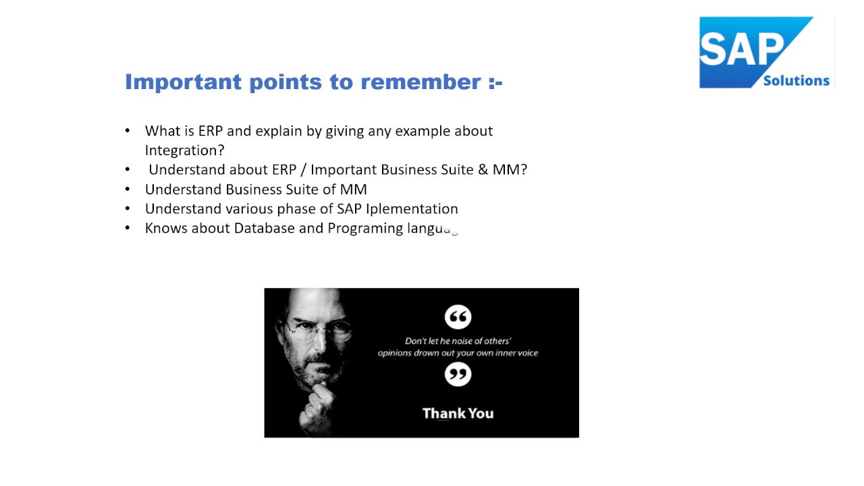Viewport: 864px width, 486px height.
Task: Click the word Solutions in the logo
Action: pos(796,80)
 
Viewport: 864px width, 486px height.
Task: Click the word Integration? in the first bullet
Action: pos(184,150)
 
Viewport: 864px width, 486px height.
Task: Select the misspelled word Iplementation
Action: pos(412,209)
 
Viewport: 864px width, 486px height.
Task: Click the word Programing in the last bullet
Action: pos(365,228)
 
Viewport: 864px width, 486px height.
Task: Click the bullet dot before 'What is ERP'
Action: pos(128,131)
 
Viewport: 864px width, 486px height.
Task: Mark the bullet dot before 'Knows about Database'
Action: pos(128,228)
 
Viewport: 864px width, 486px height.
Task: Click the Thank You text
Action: pos(458,413)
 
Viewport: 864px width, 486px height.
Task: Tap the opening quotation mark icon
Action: pos(458,317)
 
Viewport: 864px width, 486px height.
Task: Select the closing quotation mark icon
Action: pos(458,374)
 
